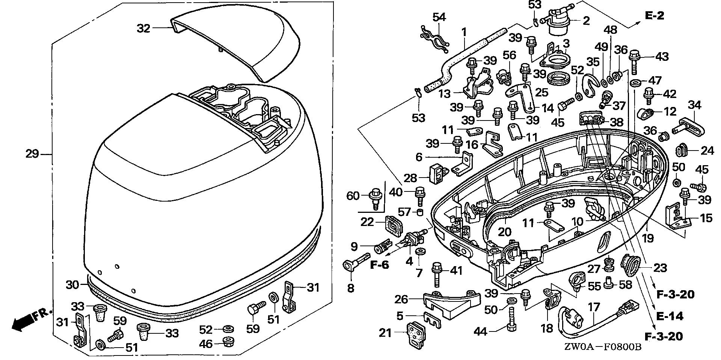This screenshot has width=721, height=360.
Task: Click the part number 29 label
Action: (x=32, y=154)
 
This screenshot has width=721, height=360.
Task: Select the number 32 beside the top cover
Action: (x=143, y=28)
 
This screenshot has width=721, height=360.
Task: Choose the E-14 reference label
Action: (x=670, y=316)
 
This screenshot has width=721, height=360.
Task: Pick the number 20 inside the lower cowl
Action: (x=505, y=231)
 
